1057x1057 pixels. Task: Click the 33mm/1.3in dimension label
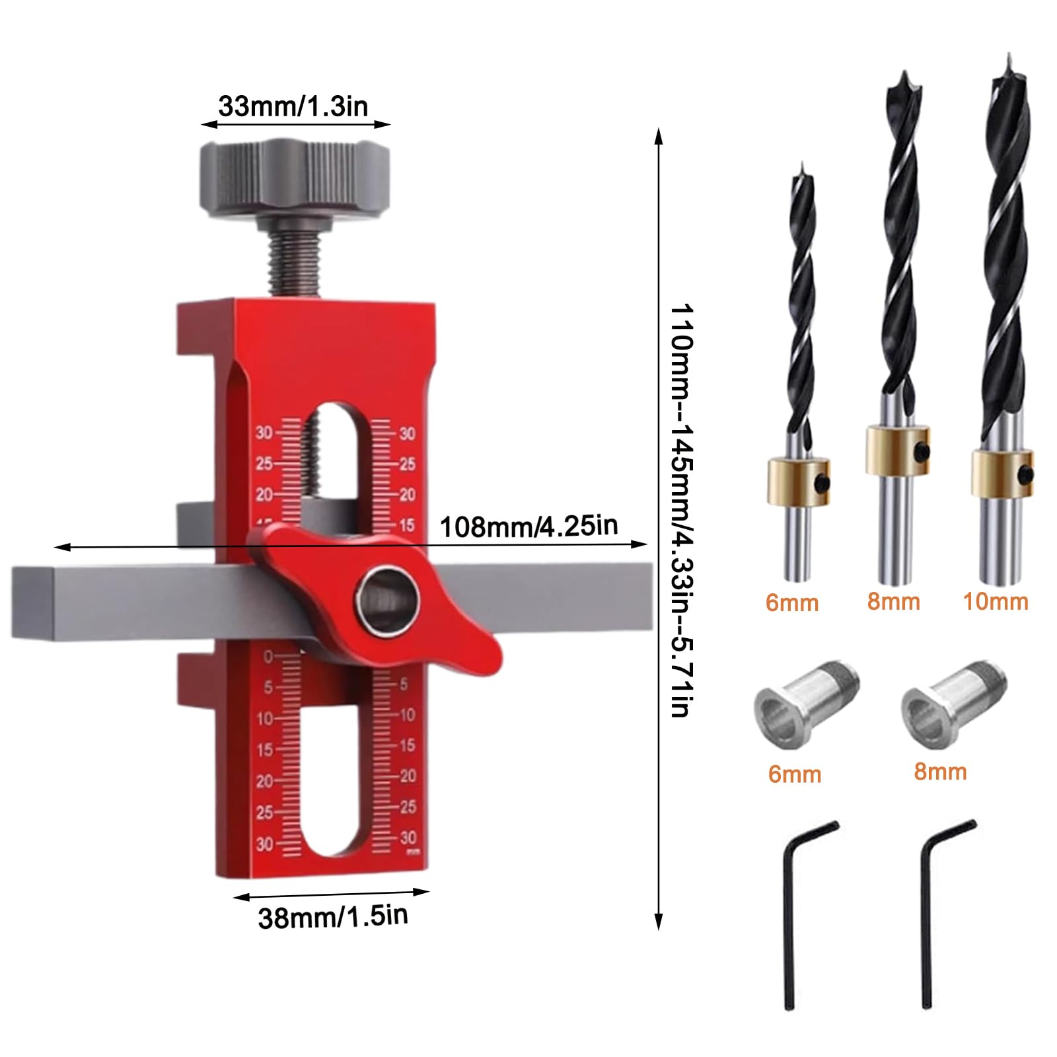[x=293, y=106]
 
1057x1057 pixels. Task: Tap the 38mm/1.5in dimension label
[x=333, y=917]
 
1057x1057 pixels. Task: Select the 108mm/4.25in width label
[x=528, y=527]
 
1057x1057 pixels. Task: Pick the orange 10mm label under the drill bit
[x=996, y=602]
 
